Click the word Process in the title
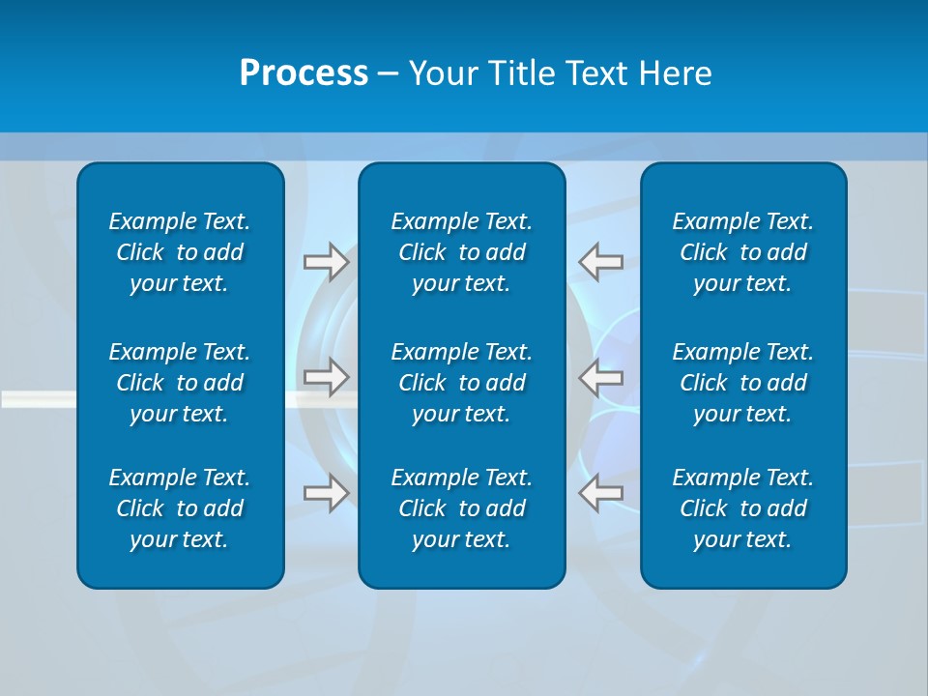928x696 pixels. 304,73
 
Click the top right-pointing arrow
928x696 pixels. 326,261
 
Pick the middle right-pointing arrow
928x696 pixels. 326,377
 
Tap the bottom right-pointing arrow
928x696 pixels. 326,492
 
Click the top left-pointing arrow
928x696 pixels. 601,261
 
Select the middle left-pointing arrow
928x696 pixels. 601,377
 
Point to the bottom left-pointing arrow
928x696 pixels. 601,492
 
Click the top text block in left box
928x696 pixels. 180,252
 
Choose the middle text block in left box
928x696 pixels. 180,383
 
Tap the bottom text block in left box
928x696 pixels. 180,508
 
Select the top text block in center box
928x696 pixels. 462,252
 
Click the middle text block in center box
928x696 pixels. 462,383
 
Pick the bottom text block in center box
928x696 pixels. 462,508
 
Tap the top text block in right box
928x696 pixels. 743,252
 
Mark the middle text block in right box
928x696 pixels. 743,383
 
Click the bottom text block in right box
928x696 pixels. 743,508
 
